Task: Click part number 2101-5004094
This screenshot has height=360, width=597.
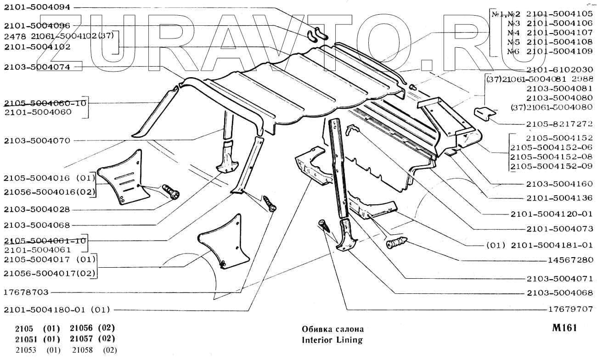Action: (37, 8)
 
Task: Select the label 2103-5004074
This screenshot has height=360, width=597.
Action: (37, 67)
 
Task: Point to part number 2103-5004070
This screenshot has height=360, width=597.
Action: (37, 141)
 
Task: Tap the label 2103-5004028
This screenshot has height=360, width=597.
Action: (37, 209)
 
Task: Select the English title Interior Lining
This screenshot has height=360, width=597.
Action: (332, 340)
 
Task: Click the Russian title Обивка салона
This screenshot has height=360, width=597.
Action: (332, 329)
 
